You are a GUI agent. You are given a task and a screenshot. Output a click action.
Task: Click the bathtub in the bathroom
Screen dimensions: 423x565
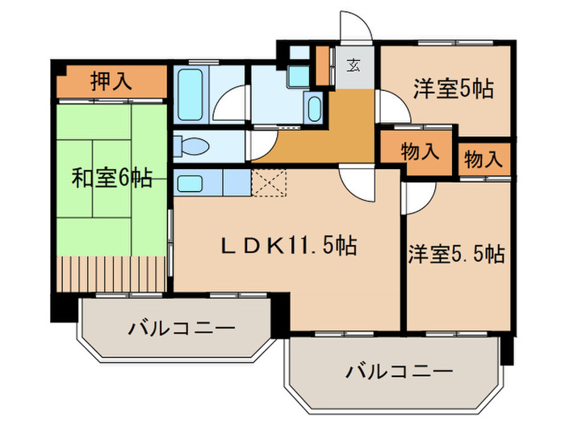tap(190, 93)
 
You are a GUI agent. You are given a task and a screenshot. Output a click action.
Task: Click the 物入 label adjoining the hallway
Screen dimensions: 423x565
tap(420, 151)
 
